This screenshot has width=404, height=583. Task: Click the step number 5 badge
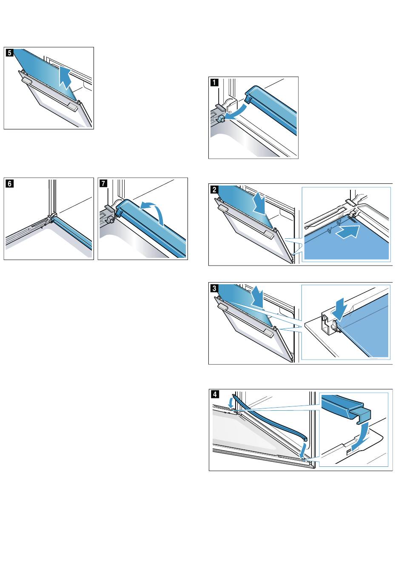click(x=9, y=53)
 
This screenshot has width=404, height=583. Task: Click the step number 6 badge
click(x=9, y=183)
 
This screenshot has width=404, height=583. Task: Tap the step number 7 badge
click(x=103, y=183)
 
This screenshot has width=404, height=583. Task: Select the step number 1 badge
click(x=214, y=83)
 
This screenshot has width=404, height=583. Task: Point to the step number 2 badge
click(x=214, y=190)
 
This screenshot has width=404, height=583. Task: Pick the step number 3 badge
click(x=214, y=289)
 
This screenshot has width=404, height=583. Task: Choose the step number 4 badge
click(x=215, y=394)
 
